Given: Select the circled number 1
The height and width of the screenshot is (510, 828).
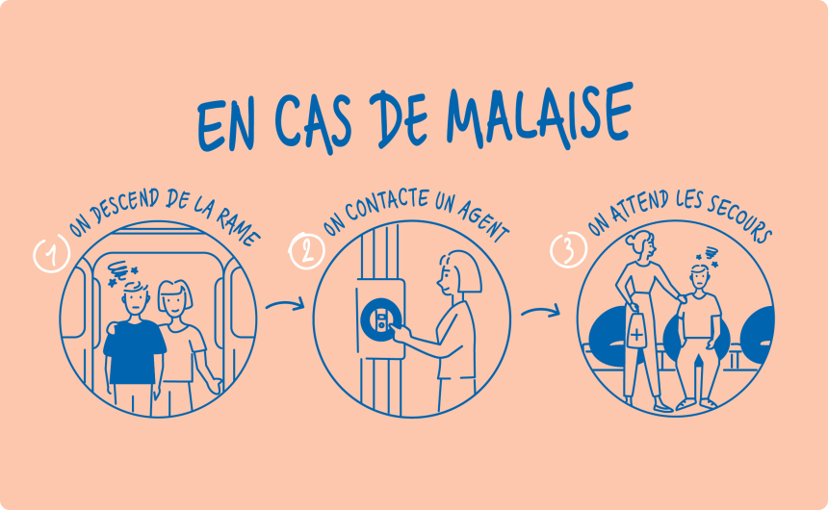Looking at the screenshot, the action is pos(52,254).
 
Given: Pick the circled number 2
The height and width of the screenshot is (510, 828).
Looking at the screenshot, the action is pos(307,251).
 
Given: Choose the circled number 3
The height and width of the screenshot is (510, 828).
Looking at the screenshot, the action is pos(569,250).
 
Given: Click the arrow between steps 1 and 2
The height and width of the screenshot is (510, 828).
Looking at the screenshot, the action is pos(286,304).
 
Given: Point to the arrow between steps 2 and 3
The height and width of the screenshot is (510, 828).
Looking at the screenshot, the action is pos(541,311).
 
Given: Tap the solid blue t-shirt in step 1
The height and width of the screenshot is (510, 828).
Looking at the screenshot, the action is pos(134,351).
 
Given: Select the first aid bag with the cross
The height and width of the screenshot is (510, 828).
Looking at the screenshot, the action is pos(636,330).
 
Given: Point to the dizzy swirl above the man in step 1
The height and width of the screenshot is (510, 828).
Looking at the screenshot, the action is pos(120,270).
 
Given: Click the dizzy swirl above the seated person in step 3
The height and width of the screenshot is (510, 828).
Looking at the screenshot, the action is pos(710,254).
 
